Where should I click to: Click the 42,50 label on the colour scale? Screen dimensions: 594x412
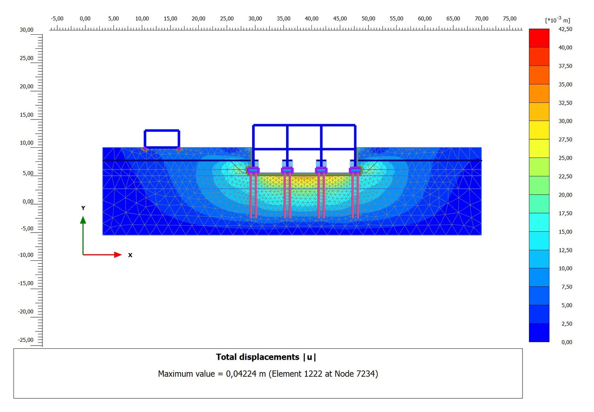coord(565,29)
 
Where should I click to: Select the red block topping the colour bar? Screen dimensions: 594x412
coord(539,38)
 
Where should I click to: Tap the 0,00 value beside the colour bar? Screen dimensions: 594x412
coord(567,342)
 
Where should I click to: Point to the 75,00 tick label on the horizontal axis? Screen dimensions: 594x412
coord(510,18)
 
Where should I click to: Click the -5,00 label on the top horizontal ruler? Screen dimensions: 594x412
coord(57,18)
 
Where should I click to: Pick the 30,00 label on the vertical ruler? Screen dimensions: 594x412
coord(27,30)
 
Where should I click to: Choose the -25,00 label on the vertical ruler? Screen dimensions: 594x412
coord(26,340)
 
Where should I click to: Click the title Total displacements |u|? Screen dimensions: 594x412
coord(266,357)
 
